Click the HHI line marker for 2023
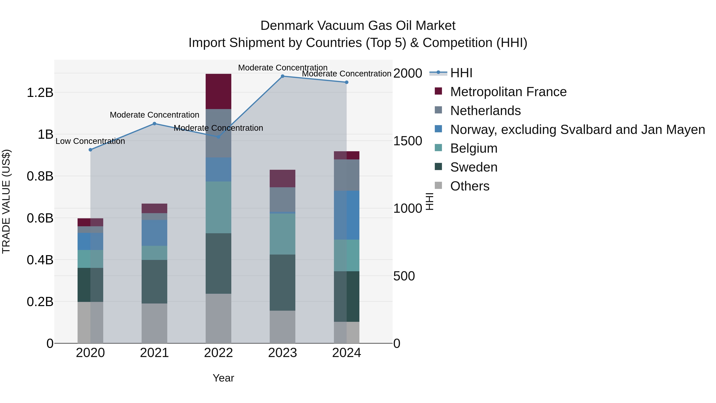tap(282, 76)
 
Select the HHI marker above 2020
tap(90, 150)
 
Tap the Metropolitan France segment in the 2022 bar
tap(218, 92)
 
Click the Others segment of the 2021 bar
tap(154, 323)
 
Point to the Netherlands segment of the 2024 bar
tap(347, 175)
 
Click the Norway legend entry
tap(577, 130)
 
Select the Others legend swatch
tap(438, 185)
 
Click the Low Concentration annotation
tap(90, 141)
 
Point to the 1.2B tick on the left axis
tap(40, 92)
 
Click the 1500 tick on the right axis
tap(408, 141)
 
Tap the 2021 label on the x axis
tap(154, 353)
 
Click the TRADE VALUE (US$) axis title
tap(6, 201)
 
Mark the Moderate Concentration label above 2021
tap(154, 115)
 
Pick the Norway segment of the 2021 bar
tap(154, 233)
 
